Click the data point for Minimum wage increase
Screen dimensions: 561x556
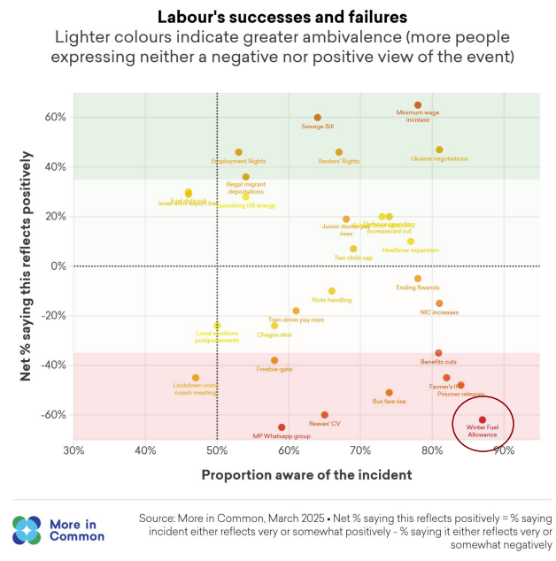click(x=418, y=105)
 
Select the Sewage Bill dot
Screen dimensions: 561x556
click(x=318, y=118)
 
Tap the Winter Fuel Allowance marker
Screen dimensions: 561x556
click(x=483, y=420)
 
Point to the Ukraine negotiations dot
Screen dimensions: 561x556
click(x=439, y=150)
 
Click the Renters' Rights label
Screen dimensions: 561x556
click(x=339, y=162)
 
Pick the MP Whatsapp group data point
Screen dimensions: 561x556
click(x=282, y=427)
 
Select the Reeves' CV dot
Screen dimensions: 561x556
click(x=325, y=415)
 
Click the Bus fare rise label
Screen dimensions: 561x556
click(x=390, y=402)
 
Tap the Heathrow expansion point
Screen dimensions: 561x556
click(x=411, y=242)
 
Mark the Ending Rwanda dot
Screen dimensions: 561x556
click(x=418, y=279)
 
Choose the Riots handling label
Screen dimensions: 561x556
click(x=332, y=300)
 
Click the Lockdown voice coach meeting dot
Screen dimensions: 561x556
click(x=196, y=378)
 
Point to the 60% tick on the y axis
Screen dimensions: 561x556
click(x=57, y=118)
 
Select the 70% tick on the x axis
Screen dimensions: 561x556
click(x=360, y=451)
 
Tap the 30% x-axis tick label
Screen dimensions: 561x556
click(x=74, y=451)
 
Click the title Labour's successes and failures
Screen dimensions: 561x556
click(x=277, y=17)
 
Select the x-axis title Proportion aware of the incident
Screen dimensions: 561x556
click(x=306, y=474)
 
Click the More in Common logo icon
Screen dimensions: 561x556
click(x=27, y=529)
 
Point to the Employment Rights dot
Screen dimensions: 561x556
click(x=238, y=152)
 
